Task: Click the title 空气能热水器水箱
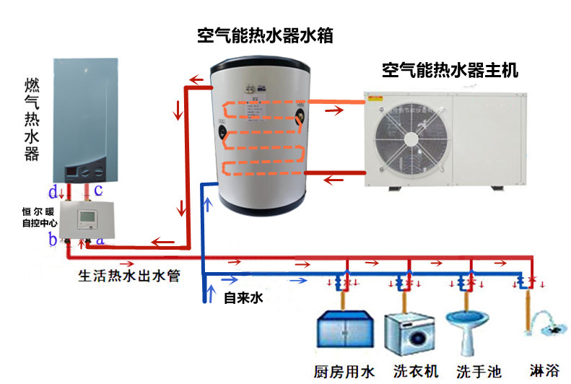click(x=265, y=35)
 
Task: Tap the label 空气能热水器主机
click(x=450, y=71)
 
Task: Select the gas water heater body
click(x=83, y=119)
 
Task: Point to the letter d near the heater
click(x=53, y=191)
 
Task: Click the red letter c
click(x=98, y=190)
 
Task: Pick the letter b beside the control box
click(x=53, y=240)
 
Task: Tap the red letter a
click(x=100, y=236)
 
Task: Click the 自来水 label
click(x=243, y=297)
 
